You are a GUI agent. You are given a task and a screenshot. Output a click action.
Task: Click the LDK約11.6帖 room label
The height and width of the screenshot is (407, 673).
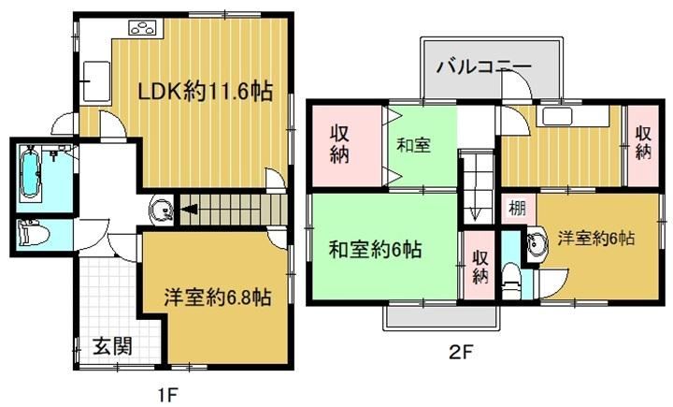205,92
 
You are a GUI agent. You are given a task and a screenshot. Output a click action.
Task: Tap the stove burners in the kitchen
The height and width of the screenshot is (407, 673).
144,28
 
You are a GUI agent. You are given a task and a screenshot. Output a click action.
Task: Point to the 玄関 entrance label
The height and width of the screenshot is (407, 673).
112,345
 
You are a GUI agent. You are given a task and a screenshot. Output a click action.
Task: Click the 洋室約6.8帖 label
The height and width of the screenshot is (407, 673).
217,297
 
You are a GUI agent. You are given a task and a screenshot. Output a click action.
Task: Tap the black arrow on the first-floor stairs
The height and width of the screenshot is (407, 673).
189,210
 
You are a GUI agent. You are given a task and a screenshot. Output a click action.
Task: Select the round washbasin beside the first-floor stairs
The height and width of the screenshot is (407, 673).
161,211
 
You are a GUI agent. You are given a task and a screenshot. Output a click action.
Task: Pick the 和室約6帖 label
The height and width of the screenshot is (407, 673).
375,249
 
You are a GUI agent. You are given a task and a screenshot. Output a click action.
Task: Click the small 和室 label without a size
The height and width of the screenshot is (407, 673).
413,145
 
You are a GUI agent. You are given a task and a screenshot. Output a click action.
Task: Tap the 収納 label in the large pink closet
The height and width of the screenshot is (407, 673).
339,145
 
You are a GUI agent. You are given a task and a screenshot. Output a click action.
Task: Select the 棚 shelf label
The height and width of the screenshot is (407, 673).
517,209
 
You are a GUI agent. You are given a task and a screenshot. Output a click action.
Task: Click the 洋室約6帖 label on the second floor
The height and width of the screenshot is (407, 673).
595,238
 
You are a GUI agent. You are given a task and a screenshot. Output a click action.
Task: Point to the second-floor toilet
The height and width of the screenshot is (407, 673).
510,281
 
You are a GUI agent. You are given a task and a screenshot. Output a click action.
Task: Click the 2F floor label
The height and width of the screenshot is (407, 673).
461,353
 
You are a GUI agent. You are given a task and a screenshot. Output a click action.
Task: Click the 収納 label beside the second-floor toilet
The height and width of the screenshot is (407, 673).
480,267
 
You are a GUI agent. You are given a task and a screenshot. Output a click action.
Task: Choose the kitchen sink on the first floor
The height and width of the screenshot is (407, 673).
96,81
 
